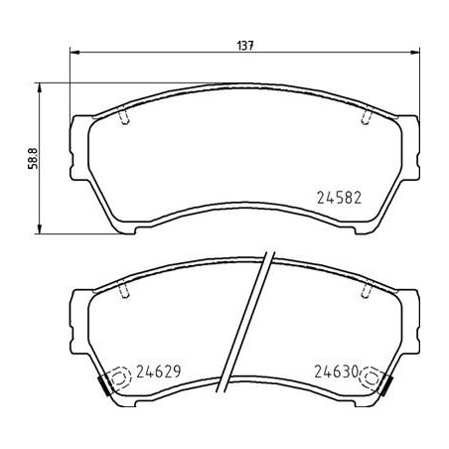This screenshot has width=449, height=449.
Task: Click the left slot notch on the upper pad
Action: click(x=123, y=115)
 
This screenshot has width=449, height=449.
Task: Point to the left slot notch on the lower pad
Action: click(x=123, y=291)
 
